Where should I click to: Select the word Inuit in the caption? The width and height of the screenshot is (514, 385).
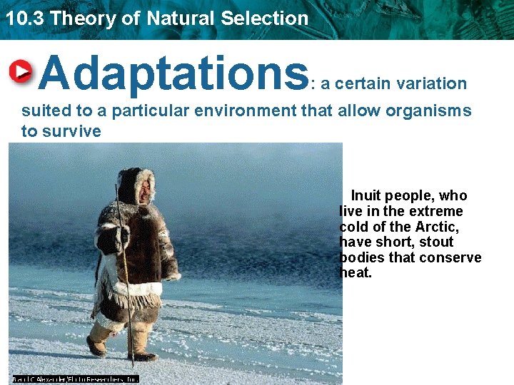(x=366, y=195)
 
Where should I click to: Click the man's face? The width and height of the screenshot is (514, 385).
(x=145, y=190)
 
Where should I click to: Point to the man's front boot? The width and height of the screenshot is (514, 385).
(x=141, y=352)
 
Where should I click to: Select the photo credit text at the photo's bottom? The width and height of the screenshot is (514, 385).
(x=75, y=379)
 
